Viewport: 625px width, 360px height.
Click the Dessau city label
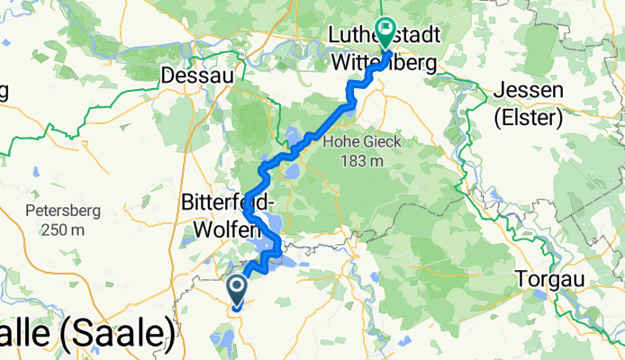pos(196,76)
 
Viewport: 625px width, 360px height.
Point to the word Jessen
pos(529,91)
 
